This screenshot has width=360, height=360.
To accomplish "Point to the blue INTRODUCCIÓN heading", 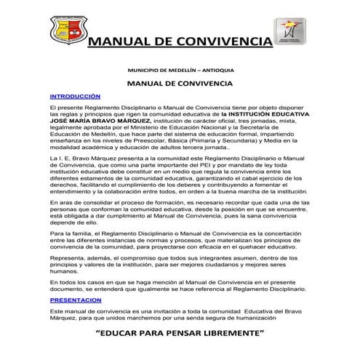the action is [75, 96].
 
